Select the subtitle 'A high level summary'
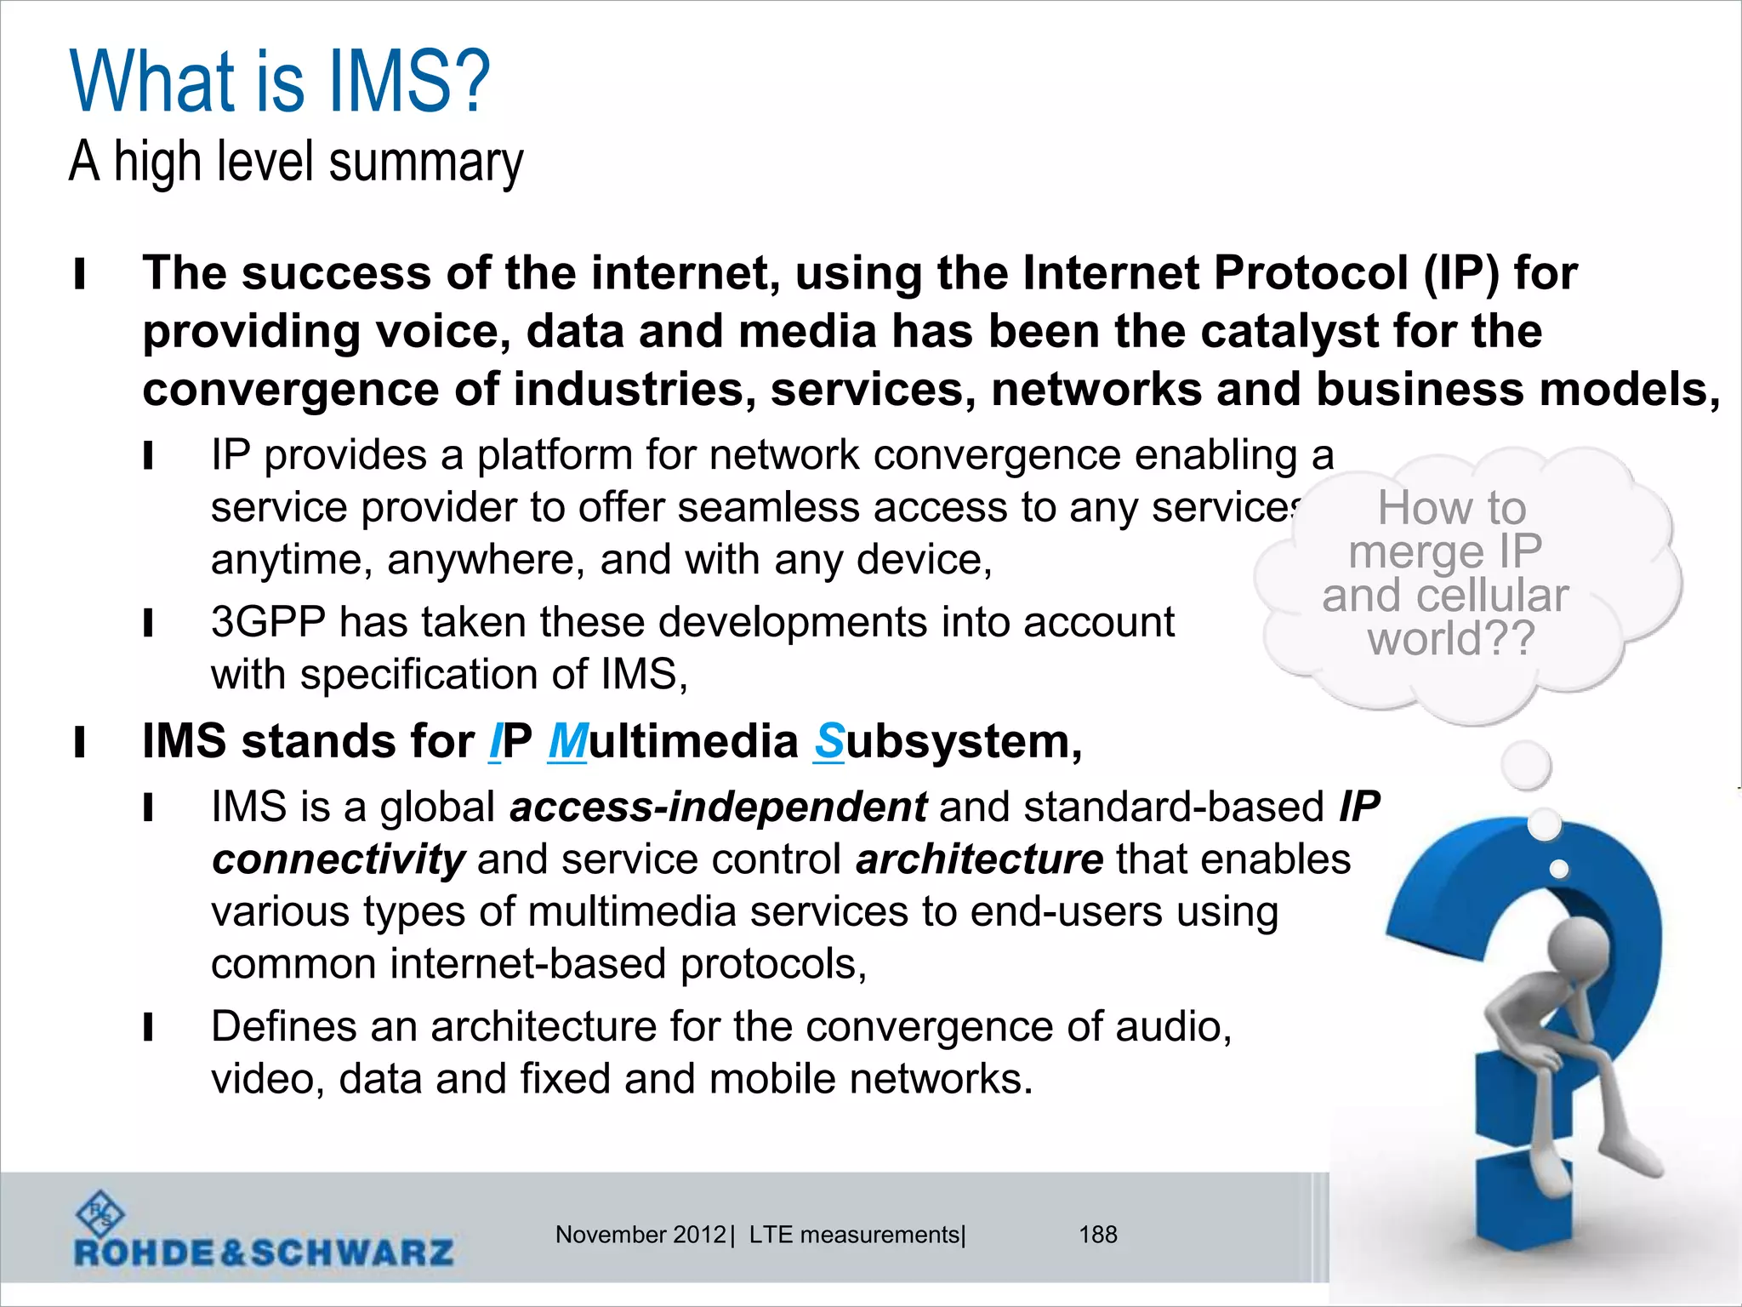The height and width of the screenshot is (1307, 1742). coord(296,162)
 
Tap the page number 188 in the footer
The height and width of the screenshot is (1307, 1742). coord(1097,1235)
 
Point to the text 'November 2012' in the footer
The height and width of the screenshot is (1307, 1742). coord(640,1235)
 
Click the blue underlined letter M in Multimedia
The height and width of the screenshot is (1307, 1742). coord(567,742)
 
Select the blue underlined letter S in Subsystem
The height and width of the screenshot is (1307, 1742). coord(828,742)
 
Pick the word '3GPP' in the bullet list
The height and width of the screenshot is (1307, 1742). coord(268,622)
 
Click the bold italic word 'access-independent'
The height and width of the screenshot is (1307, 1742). coord(718,807)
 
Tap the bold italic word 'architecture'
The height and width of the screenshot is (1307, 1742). coord(979,859)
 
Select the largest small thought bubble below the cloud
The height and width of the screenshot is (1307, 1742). coord(1526,765)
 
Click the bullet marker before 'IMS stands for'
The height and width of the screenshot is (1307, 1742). coord(80,742)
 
